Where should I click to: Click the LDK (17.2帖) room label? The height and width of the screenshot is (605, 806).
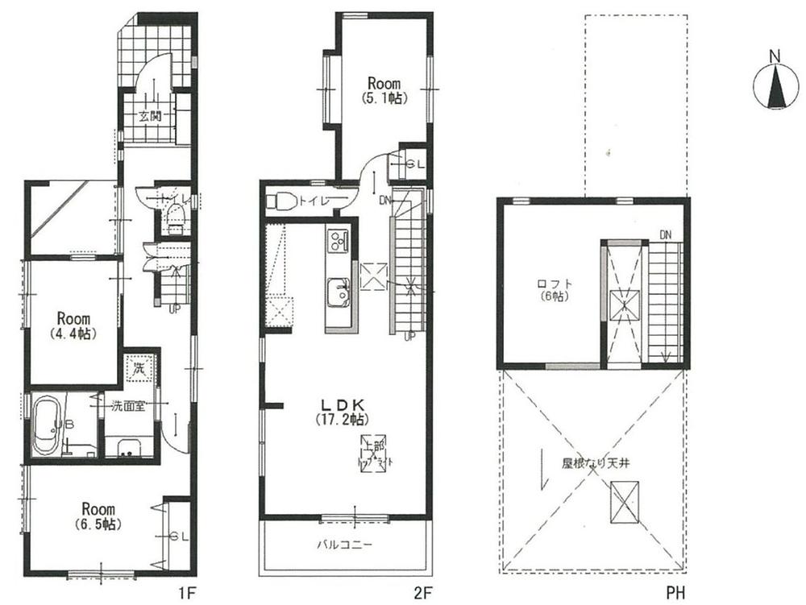tap(348, 412)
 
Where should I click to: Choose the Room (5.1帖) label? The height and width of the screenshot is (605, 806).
tap(384, 90)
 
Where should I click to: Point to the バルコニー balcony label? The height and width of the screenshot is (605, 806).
tap(343, 544)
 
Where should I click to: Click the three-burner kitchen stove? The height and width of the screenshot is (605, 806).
tap(337, 239)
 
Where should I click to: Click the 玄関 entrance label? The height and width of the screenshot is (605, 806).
tap(151, 116)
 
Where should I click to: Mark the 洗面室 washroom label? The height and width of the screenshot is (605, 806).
tap(128, 406)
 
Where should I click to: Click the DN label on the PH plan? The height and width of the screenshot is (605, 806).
tap(664, 234)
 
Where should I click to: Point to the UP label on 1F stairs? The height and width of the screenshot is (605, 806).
tap(173, 307)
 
